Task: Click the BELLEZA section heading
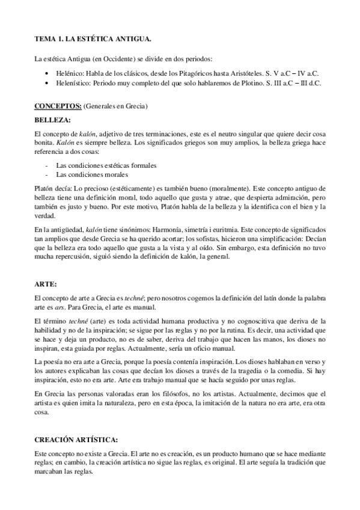pyautogui.click(x=53, y=119)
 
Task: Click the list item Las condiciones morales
pyautogui.click(x=91, y=174)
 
